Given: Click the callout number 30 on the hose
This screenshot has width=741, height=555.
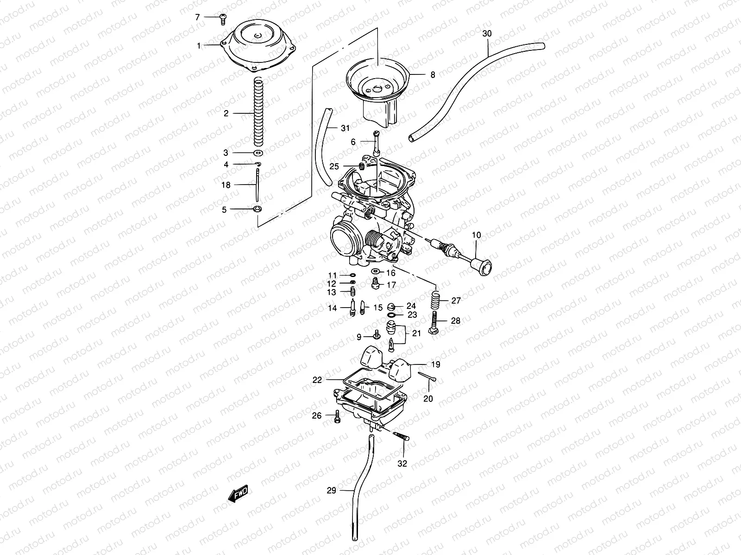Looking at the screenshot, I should coord(487,34).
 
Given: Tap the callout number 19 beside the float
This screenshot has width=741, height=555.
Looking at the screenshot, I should coord(435,365).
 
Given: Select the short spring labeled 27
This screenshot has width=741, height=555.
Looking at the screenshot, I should coord(435,301).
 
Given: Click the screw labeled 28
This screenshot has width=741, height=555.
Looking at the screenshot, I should coord(435,324).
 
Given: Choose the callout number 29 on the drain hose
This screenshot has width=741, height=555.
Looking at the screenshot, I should coord(331,491).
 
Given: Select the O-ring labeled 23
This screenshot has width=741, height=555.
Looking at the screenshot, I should coord(391,314).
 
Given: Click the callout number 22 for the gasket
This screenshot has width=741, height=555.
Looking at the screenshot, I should coord(317,380).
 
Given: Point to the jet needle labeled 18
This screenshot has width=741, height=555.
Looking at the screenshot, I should coord(257,185).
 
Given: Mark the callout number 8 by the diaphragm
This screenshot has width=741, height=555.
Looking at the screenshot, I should coord(433,74).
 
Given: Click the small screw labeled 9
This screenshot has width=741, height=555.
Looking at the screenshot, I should coord(377,334).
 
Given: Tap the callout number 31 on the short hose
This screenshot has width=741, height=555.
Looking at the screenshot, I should coord(344,128).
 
